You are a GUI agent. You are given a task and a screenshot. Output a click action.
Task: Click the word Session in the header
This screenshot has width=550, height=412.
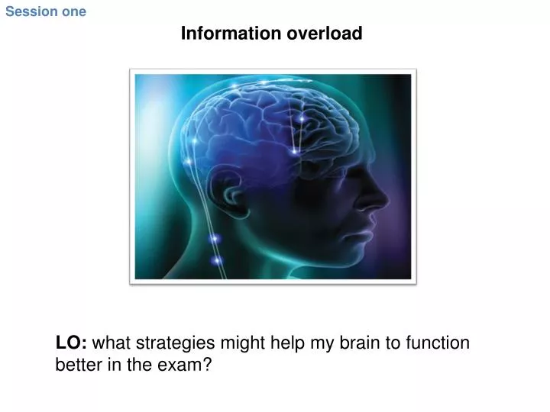pos(31,11)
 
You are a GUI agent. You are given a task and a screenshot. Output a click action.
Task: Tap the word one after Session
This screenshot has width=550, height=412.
pos(73,11)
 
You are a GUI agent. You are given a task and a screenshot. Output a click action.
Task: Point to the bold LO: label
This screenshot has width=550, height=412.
pos(71,343)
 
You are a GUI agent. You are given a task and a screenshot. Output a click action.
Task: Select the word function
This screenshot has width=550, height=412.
pos(438,343)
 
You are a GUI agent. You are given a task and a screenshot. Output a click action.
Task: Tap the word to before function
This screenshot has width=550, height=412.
pos(393,343)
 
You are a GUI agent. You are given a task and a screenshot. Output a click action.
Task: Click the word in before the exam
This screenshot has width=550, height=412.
pos(112,365)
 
